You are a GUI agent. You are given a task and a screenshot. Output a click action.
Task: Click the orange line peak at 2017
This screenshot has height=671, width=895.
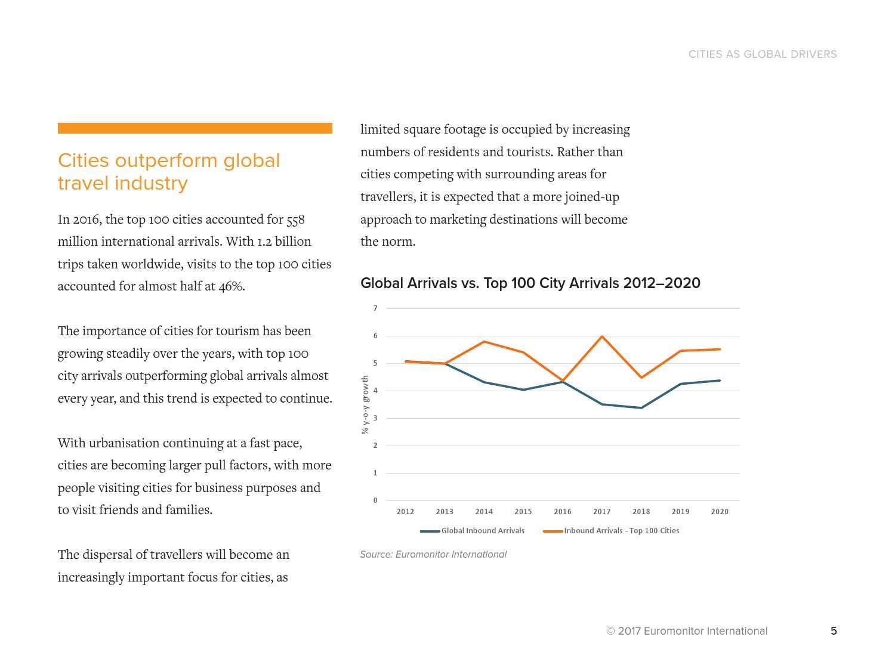(x=602, y=336)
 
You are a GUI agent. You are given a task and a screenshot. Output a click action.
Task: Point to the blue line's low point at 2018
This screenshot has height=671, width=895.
(x=641, y=408)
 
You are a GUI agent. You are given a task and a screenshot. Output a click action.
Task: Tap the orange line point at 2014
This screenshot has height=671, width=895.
(x=484, y=341)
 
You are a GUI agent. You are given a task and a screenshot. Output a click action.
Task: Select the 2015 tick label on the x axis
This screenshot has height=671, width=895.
(x=523, y=512)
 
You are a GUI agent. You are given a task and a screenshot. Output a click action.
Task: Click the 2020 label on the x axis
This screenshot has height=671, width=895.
(x=720, y=512)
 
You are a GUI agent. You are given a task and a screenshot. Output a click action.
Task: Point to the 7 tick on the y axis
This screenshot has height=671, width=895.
(x=375, y=308)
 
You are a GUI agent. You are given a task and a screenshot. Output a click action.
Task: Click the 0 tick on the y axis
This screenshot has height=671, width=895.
(x=375, y=500)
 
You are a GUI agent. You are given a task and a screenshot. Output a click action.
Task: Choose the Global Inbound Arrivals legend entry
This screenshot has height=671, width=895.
(x=472, y=530)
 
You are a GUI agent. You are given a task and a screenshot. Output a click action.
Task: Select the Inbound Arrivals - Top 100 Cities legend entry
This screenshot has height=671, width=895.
(x=611, y=530)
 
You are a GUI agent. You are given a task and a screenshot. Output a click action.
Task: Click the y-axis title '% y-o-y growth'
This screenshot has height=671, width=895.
(x=365, y=404)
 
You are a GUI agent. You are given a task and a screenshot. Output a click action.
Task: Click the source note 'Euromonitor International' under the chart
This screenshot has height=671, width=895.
(x=451, y=555)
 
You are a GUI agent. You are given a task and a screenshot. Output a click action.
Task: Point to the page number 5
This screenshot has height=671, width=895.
(x=834, y=631)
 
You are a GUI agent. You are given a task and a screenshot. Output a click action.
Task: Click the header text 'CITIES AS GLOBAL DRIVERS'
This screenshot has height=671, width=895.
(x=763, y=54)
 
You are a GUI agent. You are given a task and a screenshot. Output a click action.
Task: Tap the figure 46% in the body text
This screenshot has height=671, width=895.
(x=231, y=286)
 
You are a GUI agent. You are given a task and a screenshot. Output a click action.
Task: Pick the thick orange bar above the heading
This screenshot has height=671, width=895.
(x=195, y=128)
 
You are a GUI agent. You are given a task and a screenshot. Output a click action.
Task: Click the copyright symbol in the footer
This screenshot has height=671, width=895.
(x=610, y=631)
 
